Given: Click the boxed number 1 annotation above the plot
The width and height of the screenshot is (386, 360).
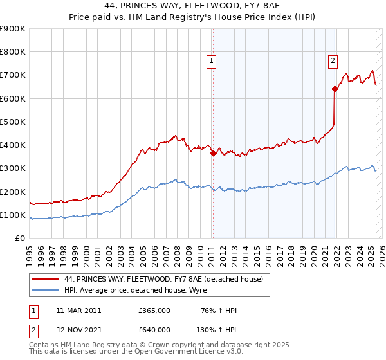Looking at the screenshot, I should [212, 61].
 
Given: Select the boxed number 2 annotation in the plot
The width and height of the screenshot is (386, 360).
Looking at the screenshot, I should [333, 61].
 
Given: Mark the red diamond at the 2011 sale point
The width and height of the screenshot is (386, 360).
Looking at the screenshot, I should [213, 153].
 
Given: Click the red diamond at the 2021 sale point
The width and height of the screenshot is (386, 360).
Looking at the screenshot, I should [335, 89].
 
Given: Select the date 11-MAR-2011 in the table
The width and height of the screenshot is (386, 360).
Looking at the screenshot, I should [78, 310].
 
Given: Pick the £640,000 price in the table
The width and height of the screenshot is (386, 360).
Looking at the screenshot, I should [154, 329].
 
